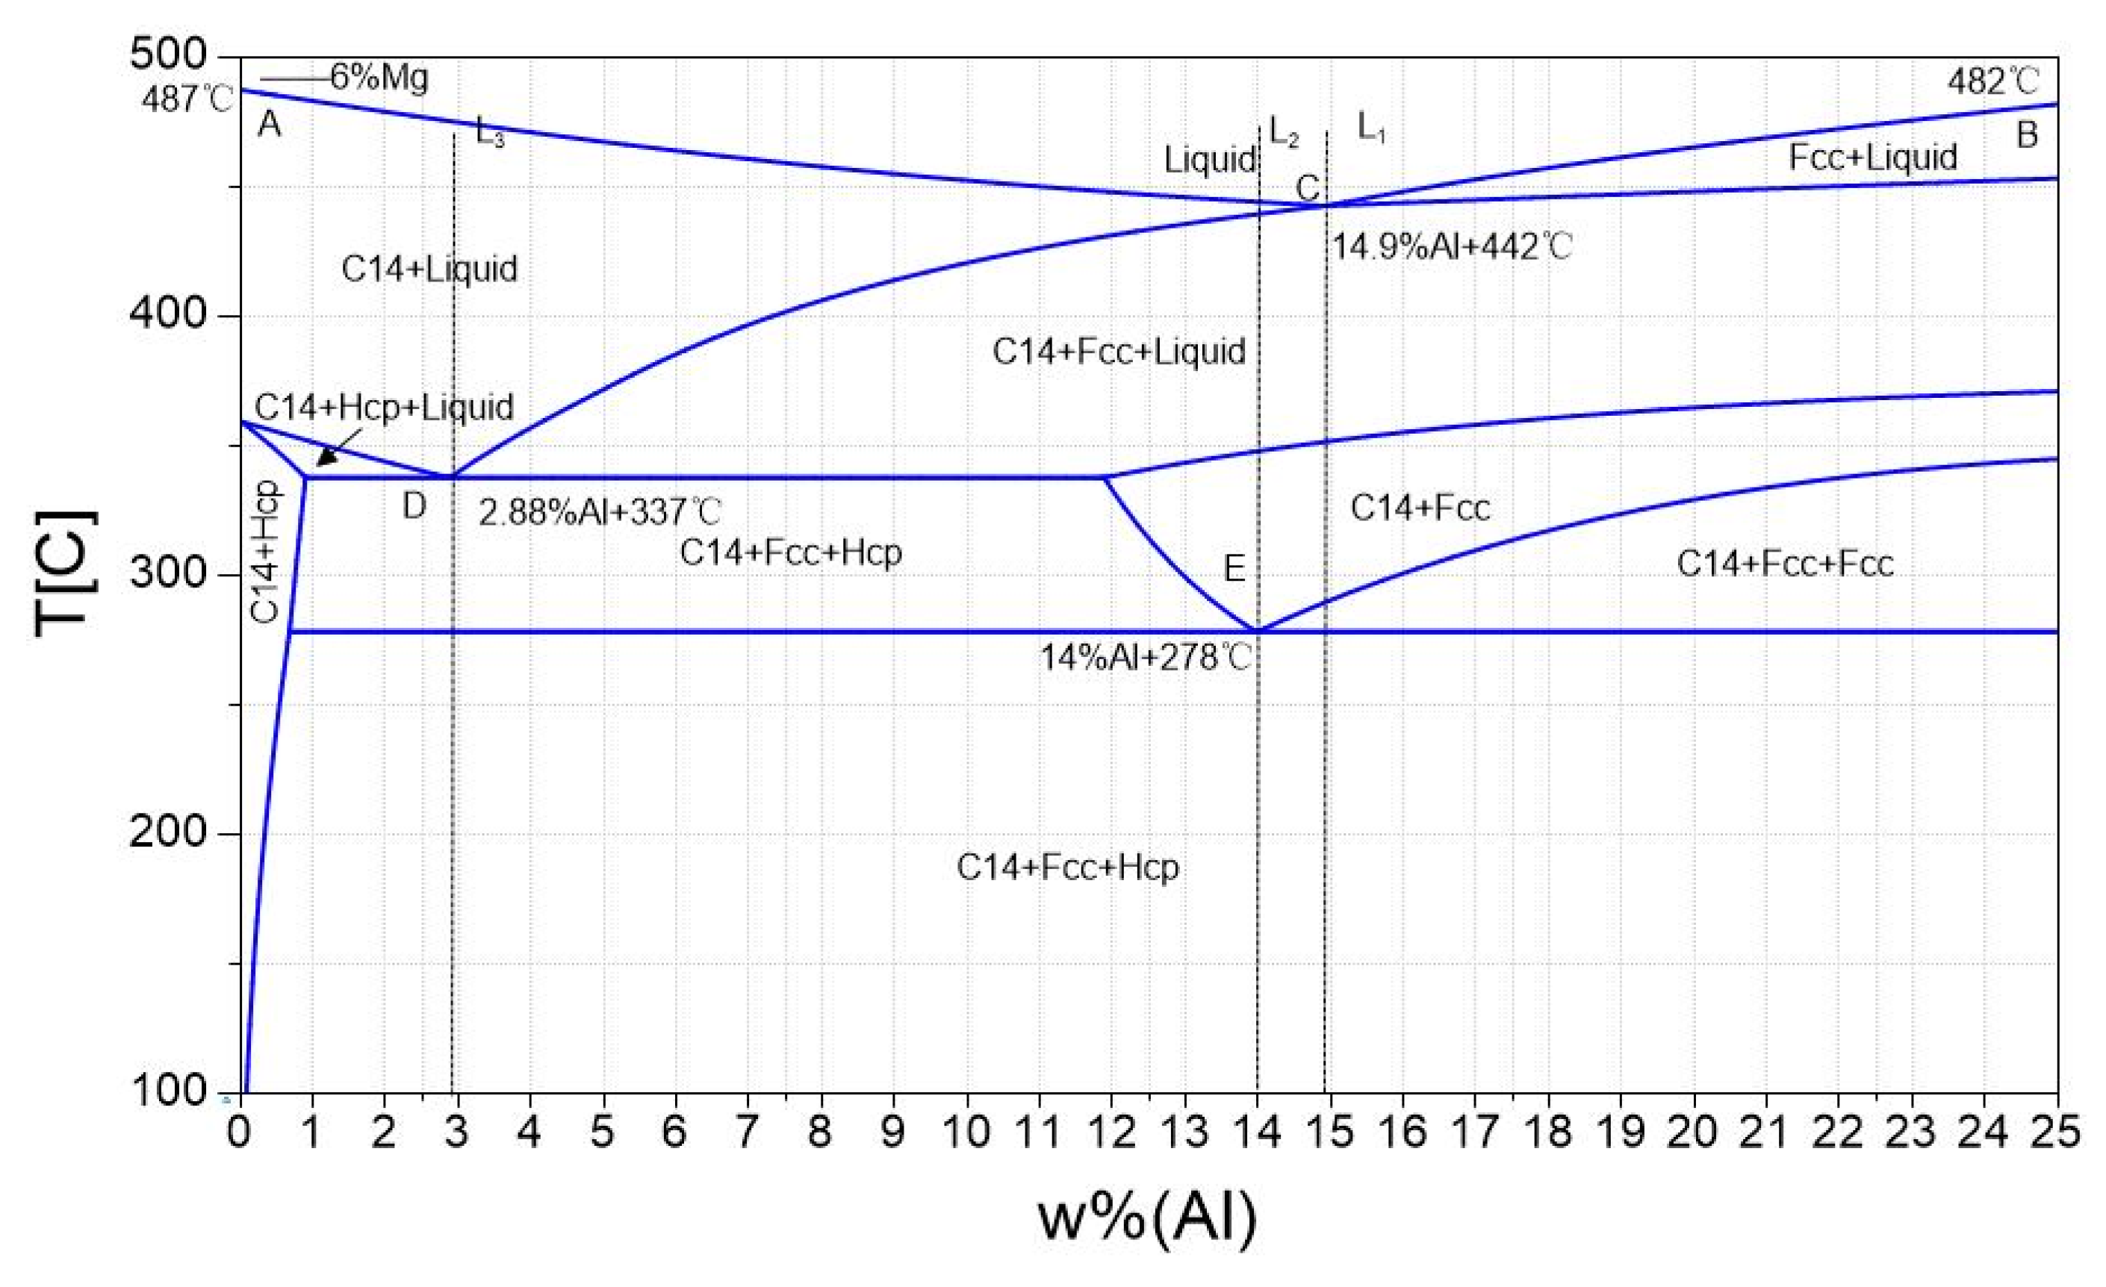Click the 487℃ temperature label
click(186, 100)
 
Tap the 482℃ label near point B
click(1992, 82)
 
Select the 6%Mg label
click(379, 78)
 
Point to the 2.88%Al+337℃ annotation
click(599, 513)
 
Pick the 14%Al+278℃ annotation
click(1146, 657)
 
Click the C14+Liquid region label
click(429, 269)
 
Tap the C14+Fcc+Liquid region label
click(1118, 351)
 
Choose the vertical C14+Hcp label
click(267, 551)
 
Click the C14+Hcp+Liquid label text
click(384, 407)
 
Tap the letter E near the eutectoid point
click(1233, 568)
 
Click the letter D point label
click(414, 507)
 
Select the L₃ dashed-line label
click(490, 134)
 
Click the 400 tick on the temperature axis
click(167, 314)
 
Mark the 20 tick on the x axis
click(1693, 1133)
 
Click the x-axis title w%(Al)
click(1147, 1217)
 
